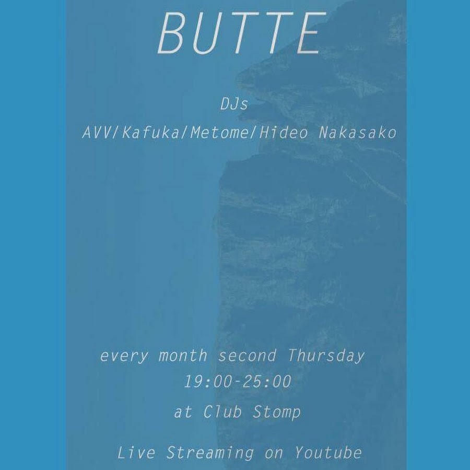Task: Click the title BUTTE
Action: point(242,33)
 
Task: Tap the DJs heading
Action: point(234,104)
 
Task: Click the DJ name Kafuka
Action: point(150,133)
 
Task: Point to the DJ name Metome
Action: point(219,133)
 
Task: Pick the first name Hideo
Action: point(284,133)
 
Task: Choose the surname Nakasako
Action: point(358,133)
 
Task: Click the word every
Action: point(124,356)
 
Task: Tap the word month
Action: point(183,356)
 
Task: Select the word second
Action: point(247,356)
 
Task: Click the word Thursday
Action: point(326,356)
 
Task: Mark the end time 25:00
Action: point(267,382)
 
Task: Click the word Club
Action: point(222,412)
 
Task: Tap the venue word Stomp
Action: point(277,412)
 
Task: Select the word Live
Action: point(136,452)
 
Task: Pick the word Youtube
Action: point(328,452)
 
